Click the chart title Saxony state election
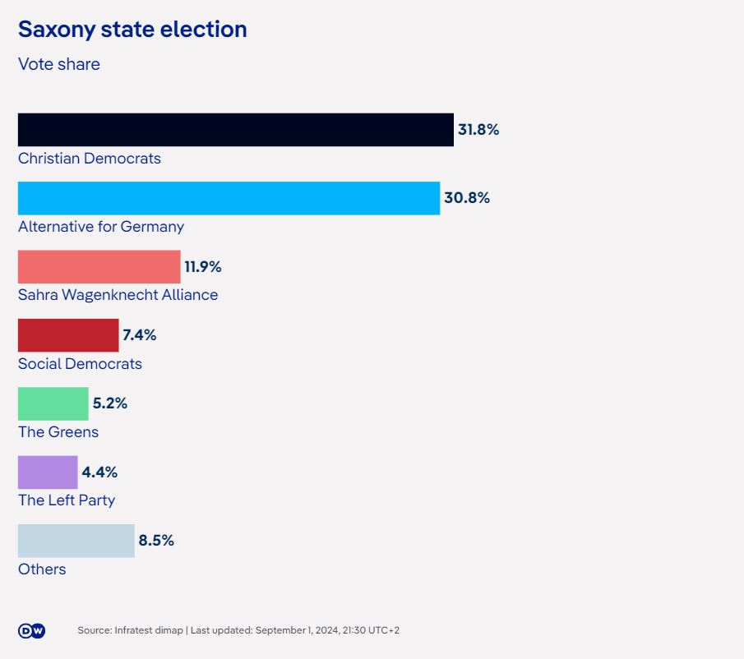click(x=132, y=30)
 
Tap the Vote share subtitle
click(x=59, y=64)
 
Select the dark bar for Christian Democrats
click(x=236, y=130)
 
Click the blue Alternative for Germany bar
click(x=229, y=198)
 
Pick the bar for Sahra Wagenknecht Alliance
click(x=99, y=267)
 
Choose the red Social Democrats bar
click(x=68, y=335)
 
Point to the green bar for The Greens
click(x=53, y=403)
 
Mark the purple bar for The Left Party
click(x=48, y=472)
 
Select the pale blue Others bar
click(x=76, y=541)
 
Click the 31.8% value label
click(x=478, y=130)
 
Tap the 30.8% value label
click(x=467, y=198)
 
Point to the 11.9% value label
click(x=203, y=267)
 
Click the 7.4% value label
click(x=139, y=335)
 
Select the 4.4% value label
click(x=99, y=472)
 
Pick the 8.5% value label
click(x=156, y=541)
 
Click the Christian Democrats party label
click(x=90, y=159)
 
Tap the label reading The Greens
click(x=58, y=432)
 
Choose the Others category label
click(x=42, y=569)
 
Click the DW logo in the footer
click(x=31, y=630)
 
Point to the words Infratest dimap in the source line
click(x=150, y=630)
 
